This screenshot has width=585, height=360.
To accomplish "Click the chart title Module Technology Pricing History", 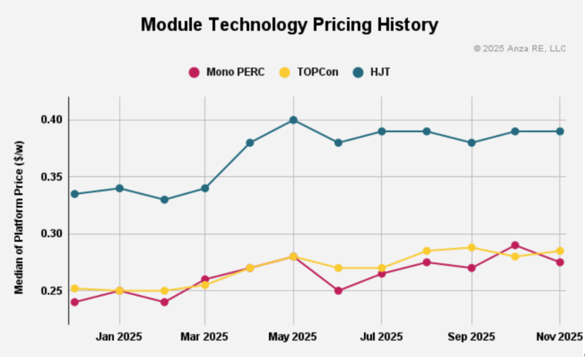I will pyautogui.click(x=289, y=25).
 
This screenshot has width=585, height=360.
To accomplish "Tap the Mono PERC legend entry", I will pyautogui.click(x=227, y=72).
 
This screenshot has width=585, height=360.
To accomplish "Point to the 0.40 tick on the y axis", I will pyautogui.click(x=52, y=120).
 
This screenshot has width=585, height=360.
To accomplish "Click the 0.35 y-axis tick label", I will pyautogui.click(x=52, y=176).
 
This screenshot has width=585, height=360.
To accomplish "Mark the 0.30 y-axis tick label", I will pyautogui.click(x=52, y=234).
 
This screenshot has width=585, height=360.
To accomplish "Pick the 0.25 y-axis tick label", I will pyautogui.click(x=52, y=291).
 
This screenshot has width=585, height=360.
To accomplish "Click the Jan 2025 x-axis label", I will pyautogui.click(x=119, y=337).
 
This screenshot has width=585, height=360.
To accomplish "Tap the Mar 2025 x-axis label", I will pyautogui.click(x=205, y=337).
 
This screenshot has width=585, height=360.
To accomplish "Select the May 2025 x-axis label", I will pyautogui.click(x=293, y=337).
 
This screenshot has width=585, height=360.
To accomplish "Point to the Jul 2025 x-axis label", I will pyautogui.click(x=381, y=337).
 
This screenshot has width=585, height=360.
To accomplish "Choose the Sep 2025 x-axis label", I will pyautogui.click(x=471, y=337).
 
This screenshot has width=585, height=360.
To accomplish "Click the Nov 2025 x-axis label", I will pyautogui.click(x=559, y=337).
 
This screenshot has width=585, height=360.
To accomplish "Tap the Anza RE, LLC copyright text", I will pyautogui.click(x=519, y=49).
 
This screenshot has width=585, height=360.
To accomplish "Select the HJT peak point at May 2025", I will pyautogui.click(x=293, y=120).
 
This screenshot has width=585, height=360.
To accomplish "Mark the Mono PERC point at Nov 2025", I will pyautogui.click(x=560, y=262).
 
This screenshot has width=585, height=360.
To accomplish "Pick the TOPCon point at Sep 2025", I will pyautogui.click(x=471, y=247).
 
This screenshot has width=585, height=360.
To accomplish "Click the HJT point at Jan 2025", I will pyautogui.click(x=119, y=188).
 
